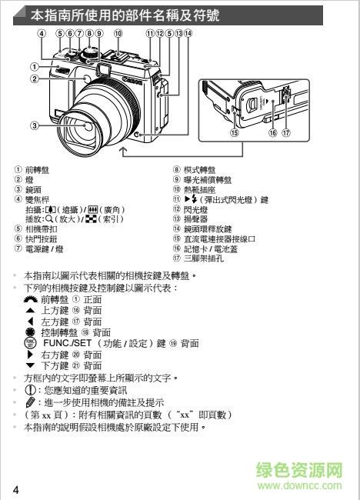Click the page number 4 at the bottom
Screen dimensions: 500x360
15,490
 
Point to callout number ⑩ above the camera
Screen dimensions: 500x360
118,34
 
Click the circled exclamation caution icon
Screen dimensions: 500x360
31,390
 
